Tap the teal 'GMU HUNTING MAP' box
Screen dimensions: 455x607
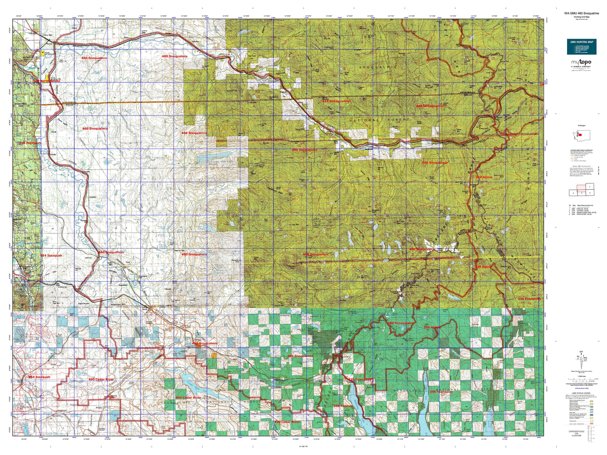pyautogui.click(x=581, y=47)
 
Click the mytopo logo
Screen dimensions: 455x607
pyautogui.click(x=581, y=63)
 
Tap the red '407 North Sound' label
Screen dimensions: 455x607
pyautogui.click(x=47, y=81)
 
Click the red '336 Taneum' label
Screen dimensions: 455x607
pyautogui.click(x=343, y=406)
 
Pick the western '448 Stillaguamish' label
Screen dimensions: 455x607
pyautogui.click(x=336, y=101)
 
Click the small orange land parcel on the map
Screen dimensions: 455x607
pyautogui.click(x=214, y=356)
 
